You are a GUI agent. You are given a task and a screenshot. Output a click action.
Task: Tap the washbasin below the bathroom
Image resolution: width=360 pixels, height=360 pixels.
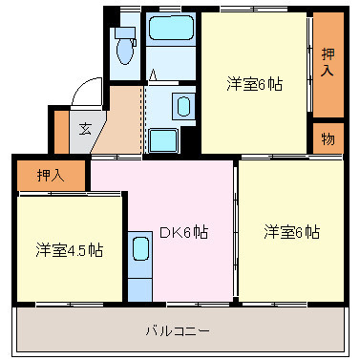pyautogui.click(x=182, y=104)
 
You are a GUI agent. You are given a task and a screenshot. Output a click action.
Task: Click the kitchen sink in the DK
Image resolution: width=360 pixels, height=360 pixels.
pyautogui.click(x=139, y=250)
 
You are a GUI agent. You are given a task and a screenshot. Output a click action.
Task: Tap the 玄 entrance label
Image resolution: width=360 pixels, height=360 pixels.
pyautogui.click(x=85, y=129)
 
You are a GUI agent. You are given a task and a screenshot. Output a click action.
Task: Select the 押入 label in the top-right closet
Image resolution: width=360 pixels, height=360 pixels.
pyautogui.click(x=328, y=62)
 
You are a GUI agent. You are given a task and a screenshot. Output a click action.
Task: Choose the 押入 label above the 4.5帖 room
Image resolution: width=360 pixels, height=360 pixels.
pyautogui.click(x=50, y=175)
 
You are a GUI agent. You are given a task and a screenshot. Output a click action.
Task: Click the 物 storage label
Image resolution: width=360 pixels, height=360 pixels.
pyautogui.click(x=328, y=139)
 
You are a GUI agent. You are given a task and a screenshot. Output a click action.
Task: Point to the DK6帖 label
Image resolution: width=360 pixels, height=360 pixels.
pyautogui.click(x=183, y=232)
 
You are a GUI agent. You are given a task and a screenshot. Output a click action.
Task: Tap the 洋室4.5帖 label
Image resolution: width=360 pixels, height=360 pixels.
pyautogui.click(x=70, y=249)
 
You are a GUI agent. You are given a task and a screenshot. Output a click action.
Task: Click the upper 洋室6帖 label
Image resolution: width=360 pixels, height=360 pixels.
pyautogui.click(x=255, y=82)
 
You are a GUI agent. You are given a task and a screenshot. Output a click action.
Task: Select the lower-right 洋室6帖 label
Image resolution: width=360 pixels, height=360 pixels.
pyautogui.click(x=291, y=232)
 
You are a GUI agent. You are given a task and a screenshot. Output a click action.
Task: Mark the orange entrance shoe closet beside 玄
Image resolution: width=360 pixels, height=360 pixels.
pyautogui.click(x=61, y=131)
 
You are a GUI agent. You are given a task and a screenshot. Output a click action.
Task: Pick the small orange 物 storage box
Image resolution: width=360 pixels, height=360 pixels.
pyautogui.click(x=328, y=139)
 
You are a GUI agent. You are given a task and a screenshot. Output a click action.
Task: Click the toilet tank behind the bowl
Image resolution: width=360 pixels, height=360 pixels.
pyautogui.click(x=123, y=32)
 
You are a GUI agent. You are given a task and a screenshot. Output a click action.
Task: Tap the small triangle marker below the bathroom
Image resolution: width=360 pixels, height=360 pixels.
pyautogui.click(x=153, y=75)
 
